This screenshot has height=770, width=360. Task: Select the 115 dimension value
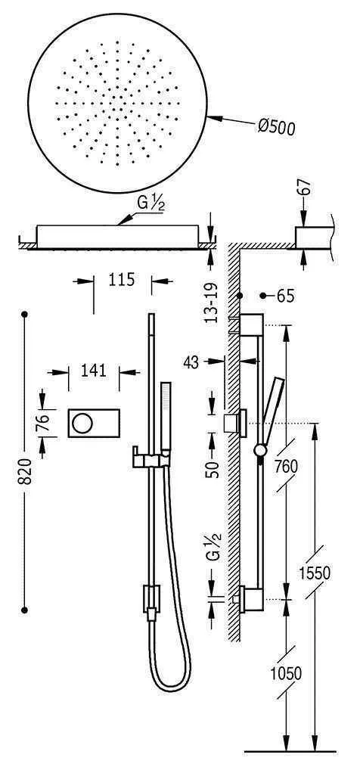coord(121,280)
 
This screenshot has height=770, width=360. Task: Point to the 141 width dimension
coord(94,371)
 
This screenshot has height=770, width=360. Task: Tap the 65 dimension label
coord(284,296)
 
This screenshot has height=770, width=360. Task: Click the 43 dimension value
coord(191,362)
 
